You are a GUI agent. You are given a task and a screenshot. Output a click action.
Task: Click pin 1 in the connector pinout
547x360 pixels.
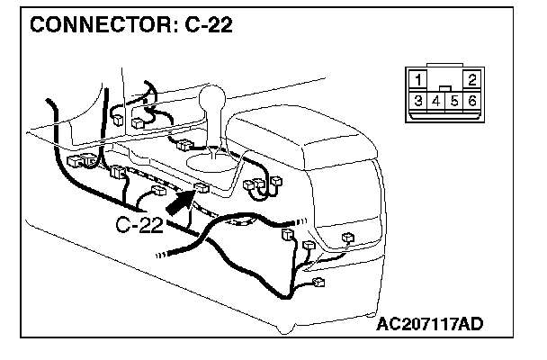point(418,79)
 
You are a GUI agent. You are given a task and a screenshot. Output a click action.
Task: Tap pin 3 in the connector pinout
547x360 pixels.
point(419,101)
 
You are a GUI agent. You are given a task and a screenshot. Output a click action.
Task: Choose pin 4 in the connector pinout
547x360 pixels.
point(436,101)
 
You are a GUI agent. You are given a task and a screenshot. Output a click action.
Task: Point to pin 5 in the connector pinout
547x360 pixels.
point(455,101)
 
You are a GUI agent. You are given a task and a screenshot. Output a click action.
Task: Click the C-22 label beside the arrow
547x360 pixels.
point(139,224)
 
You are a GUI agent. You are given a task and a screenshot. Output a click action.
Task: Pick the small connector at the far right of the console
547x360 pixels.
point(347,239)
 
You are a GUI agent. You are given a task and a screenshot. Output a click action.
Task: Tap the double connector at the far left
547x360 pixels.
point(79,160)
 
